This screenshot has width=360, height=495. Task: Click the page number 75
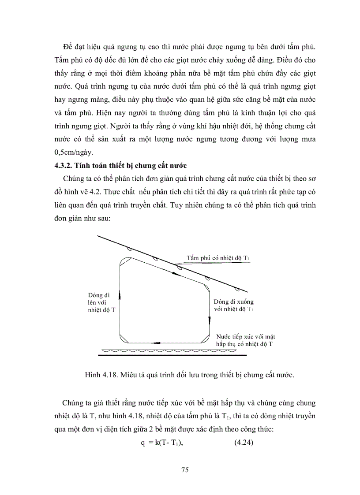click(185, 470)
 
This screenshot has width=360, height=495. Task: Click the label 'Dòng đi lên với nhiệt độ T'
click(102, 302)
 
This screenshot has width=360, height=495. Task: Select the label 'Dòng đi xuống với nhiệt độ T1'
click(233, 305)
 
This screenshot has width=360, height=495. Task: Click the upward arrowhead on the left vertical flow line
click(120, 295)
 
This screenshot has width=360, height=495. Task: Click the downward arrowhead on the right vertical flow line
click(209, 319)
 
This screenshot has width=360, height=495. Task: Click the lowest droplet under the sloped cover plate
click(237, 289)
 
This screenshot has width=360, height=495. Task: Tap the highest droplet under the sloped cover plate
click(128, 249)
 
